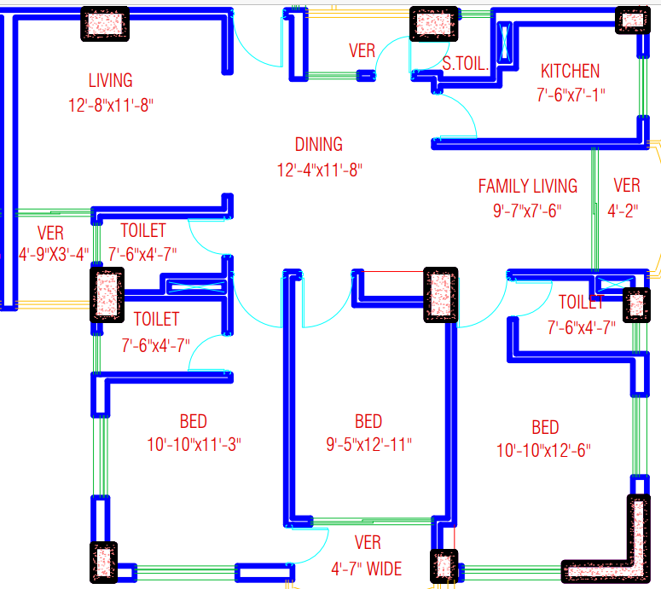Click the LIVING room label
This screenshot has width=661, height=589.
pos(110,81)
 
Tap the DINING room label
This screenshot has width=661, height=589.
pos(319,145)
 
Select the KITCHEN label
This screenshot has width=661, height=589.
pos(570,72)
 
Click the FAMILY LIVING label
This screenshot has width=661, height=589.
pos(527,186)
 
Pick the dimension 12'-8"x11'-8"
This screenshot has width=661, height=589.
pos(110,105)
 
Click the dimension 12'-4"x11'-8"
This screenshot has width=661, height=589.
pos(319,170)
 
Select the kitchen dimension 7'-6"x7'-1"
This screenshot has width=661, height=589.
pos(571,95)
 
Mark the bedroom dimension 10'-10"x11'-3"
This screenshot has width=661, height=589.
pos(194,445)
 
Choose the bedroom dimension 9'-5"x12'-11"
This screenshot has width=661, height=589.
pos(368,445)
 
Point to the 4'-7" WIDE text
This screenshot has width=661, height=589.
pos(366,568)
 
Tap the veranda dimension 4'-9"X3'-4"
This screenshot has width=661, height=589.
pos(53,254)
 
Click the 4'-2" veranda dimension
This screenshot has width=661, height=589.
pos(626,211)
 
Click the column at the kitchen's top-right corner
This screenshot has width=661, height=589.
pos(632,20)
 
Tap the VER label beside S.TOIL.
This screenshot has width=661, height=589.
pos(362,51)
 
